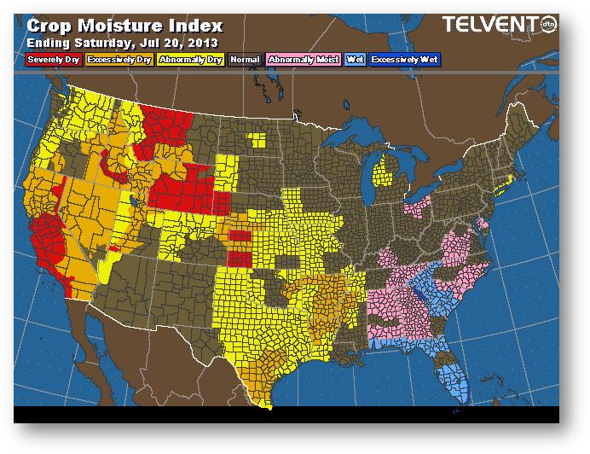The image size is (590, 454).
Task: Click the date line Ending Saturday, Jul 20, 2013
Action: tap(122, 42)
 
